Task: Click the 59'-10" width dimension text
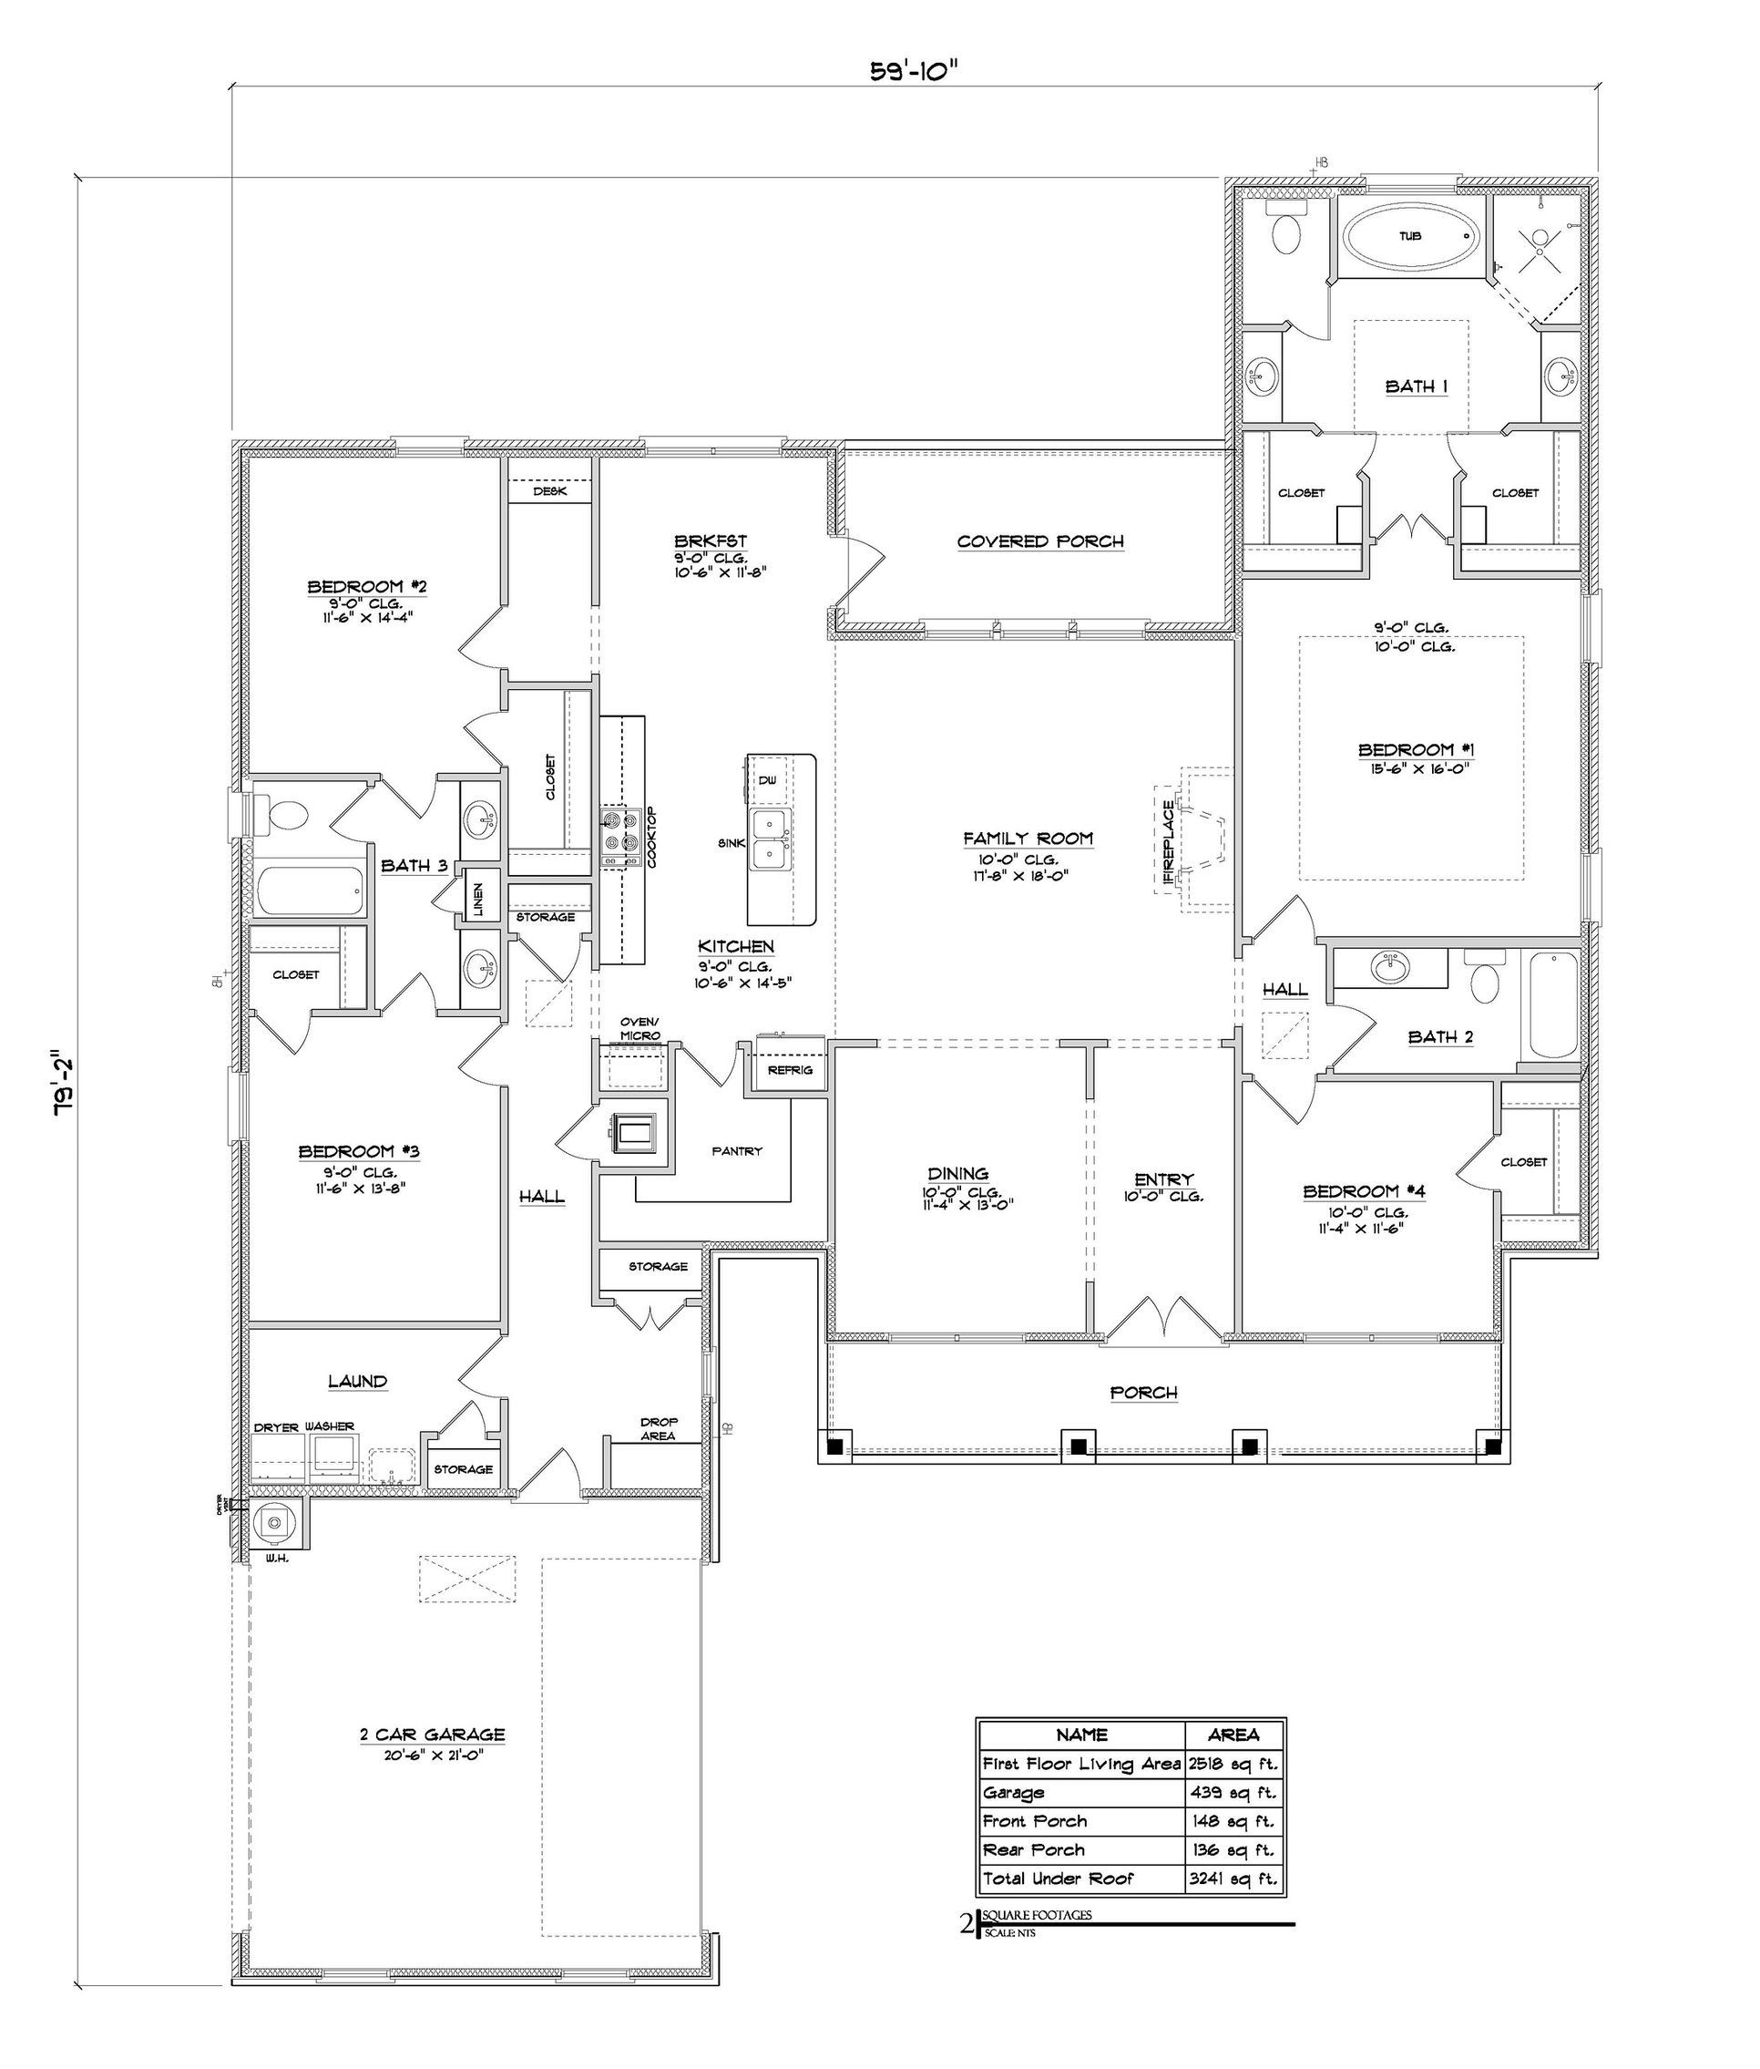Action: click(914, 72)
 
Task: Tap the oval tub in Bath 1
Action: click(1410, 237)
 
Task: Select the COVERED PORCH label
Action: click(1039, 542)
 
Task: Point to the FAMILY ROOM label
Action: click(1028, 839)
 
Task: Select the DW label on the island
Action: click(766, 779)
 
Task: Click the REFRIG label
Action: click(789, 1070)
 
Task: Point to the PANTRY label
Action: click(736, 1151)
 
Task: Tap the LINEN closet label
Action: click(479, 900)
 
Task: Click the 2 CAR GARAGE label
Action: click(432, 1734)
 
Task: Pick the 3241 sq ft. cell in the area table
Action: click(1233, 1879)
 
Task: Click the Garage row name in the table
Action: click(1014, 1793)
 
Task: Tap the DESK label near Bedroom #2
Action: click(549, 491)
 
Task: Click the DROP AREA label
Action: click(658, 1428)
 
